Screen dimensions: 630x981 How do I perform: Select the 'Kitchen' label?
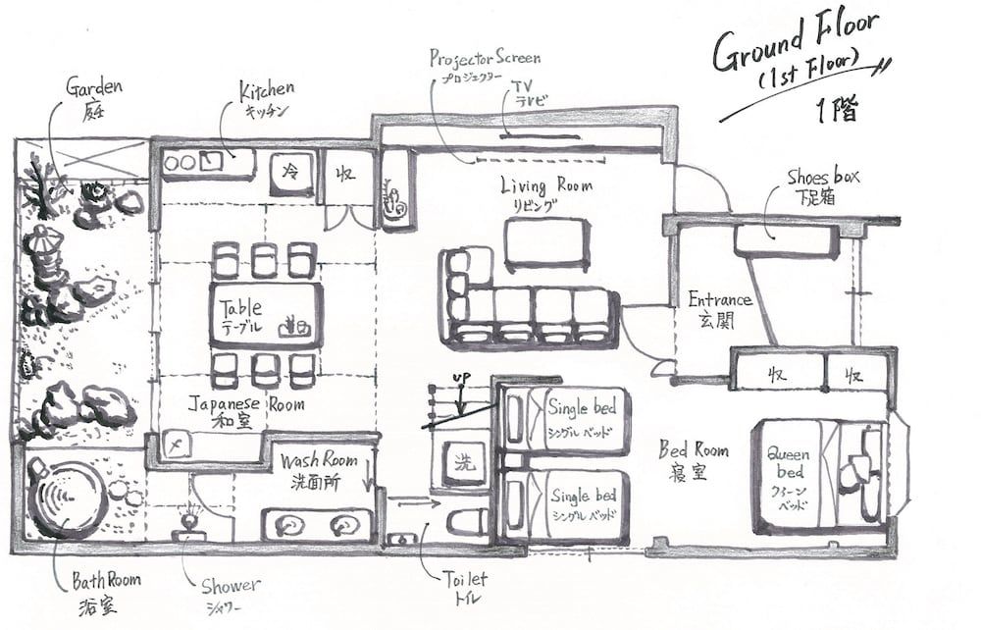click(x=266, y=92)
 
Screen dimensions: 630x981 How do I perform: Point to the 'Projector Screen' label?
click(x=485, y=58)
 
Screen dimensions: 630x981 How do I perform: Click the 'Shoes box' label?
click(x=823, y=178)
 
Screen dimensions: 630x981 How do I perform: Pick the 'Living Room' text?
click(x=546, y=185)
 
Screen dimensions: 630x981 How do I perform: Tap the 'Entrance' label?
click(x=719, y=299)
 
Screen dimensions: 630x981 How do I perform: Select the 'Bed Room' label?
click(x=694, y=450)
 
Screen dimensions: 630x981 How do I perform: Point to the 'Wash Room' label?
click(x=318, y=460)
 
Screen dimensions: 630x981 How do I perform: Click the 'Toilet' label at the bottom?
click(x=461, y=580)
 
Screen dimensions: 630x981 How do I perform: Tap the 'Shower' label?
click(x=231, y=586)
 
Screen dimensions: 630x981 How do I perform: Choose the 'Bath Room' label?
click(x=105, y=580)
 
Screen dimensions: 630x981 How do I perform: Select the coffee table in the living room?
click(x=546, y=242)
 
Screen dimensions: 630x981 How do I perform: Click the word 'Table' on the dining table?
click(x=241, y=307)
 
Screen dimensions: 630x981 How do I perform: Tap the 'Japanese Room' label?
click(x=246, y=403)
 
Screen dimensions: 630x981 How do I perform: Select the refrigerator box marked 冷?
click(x=291, y=171)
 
